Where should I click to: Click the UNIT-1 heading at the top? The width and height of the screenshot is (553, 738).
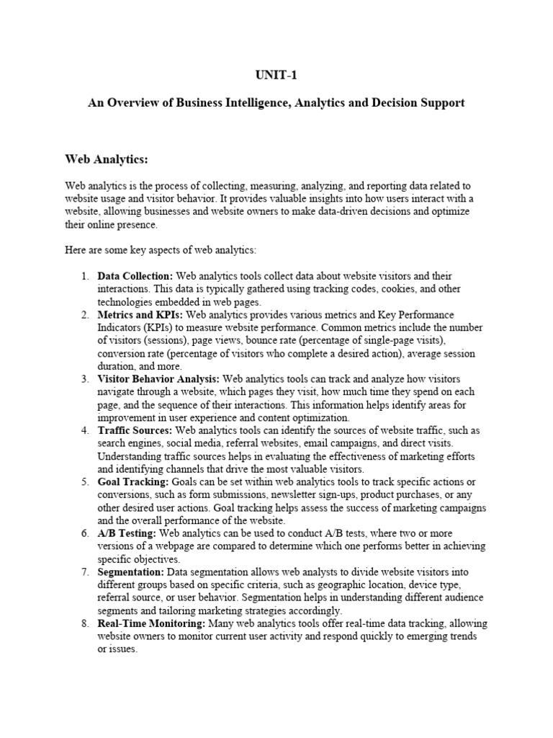tap(276, 75)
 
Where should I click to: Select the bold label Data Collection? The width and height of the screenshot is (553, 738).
tap(135, 277)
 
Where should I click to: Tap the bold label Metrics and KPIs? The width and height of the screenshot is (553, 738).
tap(141, 315)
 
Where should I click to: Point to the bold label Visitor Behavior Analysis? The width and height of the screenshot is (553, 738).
tap(159, 379)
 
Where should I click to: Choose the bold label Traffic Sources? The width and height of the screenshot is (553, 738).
tap(135, 430)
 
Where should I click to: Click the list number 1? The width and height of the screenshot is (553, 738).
tap(84, 277)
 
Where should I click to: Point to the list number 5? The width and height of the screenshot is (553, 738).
tap(84, 482)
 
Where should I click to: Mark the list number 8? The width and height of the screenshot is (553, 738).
tap(84, 623)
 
